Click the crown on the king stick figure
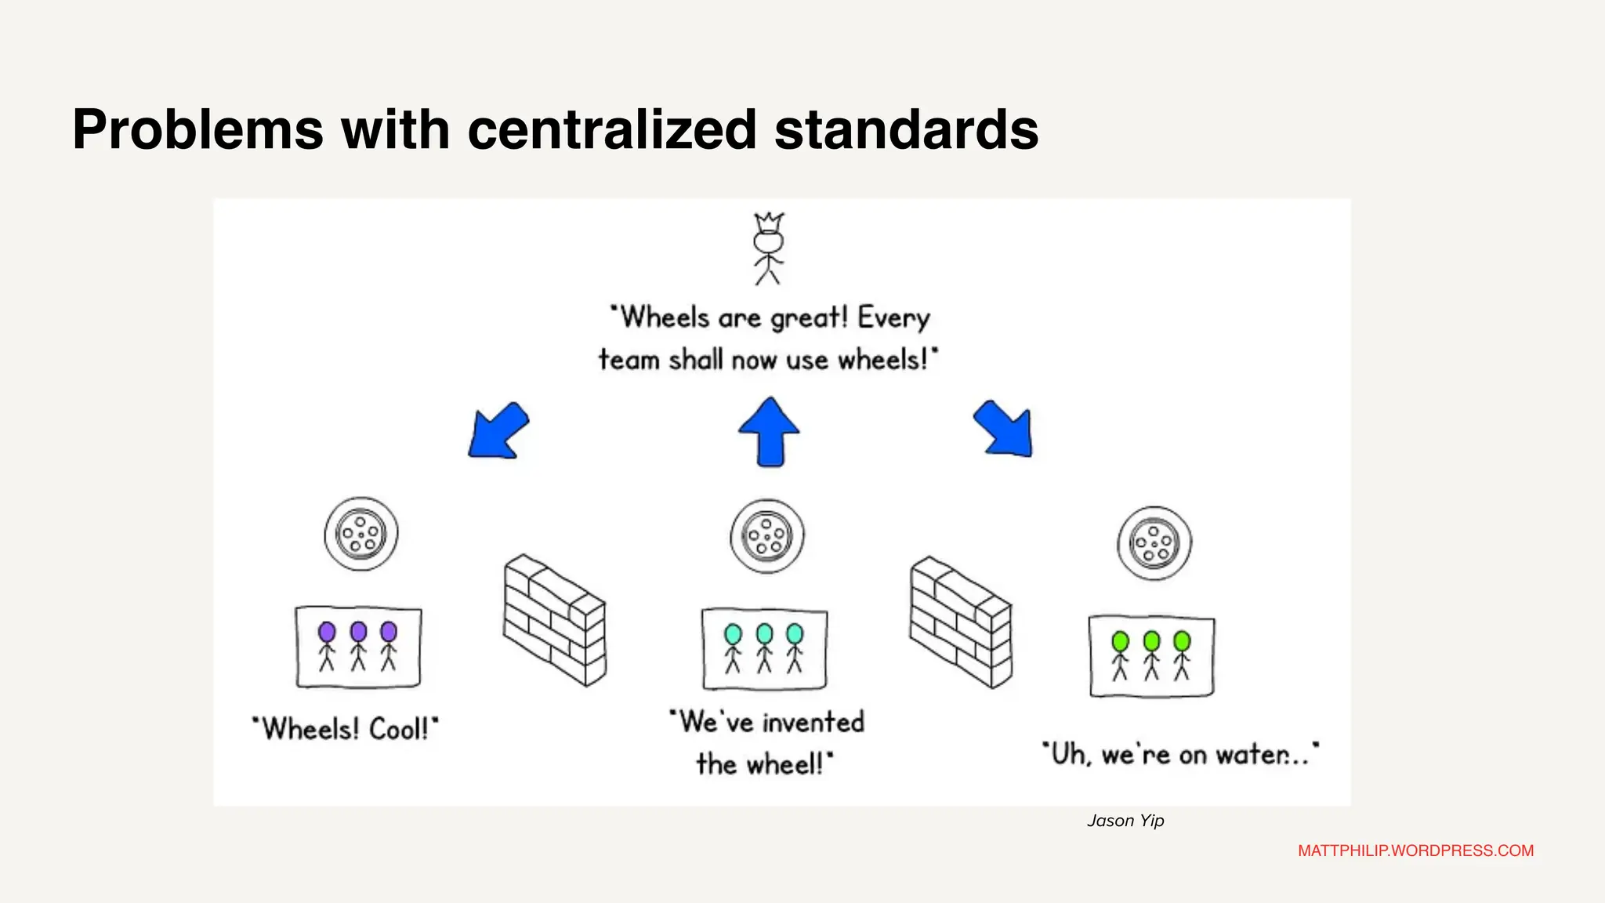(769, 221)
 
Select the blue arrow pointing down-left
(498, 431)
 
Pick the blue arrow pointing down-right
(1005, 429)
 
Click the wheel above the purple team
(361, 534)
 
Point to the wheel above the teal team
(767, 537)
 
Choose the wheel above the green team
(1154, 542)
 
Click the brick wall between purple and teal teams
(554, 620)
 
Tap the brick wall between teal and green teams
(961, 622)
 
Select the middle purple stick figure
(358, 646)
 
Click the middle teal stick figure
(764, 648)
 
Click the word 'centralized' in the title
(612, 129)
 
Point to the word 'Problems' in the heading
(197, 129)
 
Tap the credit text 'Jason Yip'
(1125, 821)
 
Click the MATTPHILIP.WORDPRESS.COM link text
(1415, 850)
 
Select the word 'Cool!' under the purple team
(400, 729)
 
